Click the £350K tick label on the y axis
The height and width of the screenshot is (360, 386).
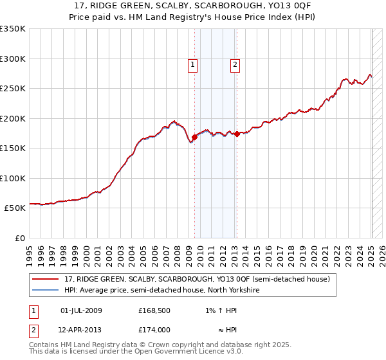click(13, 29)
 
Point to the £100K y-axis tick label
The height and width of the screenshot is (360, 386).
click(13, 178)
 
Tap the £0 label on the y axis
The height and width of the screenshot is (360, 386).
click(20, 238)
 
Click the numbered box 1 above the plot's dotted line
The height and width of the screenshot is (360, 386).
click(193, 64)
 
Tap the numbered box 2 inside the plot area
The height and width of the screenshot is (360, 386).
click(235, 64)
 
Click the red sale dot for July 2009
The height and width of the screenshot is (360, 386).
click(194, 137)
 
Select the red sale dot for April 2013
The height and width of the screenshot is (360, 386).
click(237, 134)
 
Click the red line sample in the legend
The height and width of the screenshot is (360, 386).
click(45, 279)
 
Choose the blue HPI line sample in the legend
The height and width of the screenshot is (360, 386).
click(45, 290)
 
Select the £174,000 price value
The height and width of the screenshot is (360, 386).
click(154, 329)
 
